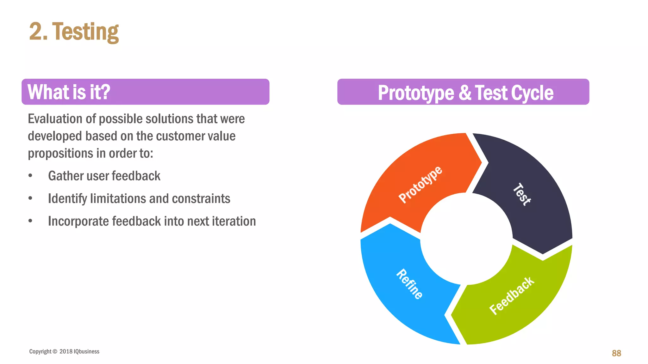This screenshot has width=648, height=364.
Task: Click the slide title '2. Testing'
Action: [74, 32]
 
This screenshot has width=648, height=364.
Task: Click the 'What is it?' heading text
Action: [69, 92]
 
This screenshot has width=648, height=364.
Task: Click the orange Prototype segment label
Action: [420, 184]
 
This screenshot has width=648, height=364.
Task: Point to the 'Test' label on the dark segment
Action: [522, 194]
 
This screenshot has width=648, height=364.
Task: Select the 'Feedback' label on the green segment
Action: [512, 296]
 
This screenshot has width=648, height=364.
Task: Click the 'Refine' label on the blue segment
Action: [409, 284]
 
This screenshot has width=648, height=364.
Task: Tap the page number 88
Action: [616, 353]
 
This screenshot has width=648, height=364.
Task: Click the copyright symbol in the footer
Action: [55, 351]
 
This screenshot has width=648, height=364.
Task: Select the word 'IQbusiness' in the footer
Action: [86, 351]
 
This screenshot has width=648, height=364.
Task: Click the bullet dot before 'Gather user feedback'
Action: [30, 176]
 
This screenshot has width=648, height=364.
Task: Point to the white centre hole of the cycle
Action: [466, 239]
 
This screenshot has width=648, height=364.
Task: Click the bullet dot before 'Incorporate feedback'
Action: [30, 221]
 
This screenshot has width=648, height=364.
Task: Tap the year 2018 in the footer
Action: [66, 351]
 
